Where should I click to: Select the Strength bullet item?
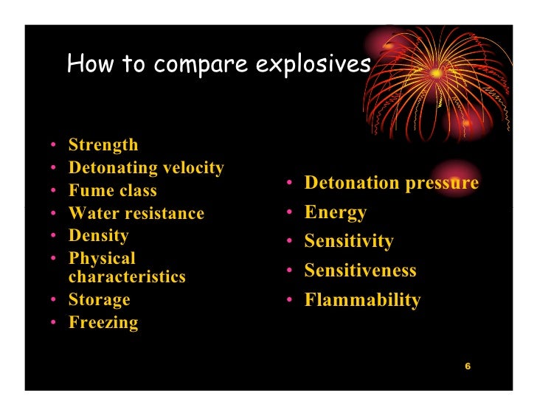[103, 145]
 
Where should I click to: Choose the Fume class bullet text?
[112, 191]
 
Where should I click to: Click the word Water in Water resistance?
[91, 214]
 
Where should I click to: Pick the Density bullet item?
[98, 236]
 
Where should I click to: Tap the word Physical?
[102, 259]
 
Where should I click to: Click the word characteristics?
[127, 277]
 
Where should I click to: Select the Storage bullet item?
[99, 300]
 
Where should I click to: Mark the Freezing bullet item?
[103, 323]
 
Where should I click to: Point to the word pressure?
[445, 183]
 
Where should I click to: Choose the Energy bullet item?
[336, 212]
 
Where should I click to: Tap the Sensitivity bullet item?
[349, 242]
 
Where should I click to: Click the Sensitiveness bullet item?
[361, 271]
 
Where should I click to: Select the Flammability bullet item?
[363, 300]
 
